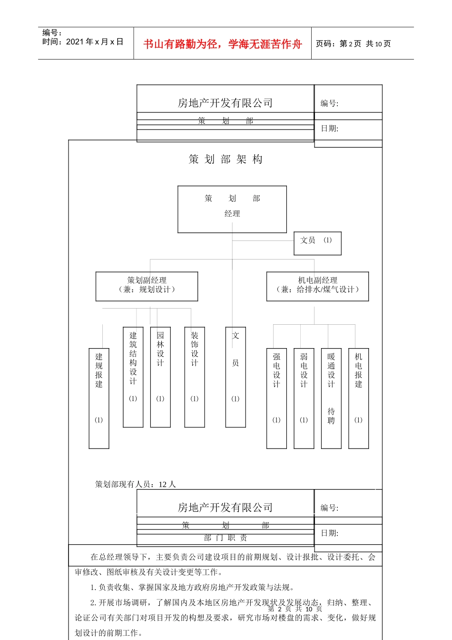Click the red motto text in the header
[x=223, y=44]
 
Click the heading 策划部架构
[x=226, y=159]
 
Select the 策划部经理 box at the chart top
[x=232, y=209]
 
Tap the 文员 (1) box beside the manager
[x=317, y=243]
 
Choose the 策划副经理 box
[x=147, y=286]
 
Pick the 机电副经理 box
[x=317, y=286]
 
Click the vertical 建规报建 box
[x=99, y=398]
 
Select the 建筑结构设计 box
[x=133, y=377]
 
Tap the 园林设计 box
[x=160, y=377]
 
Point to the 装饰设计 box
[x=195, y=377]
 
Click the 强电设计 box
[x=276, y=398]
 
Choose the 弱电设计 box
[x=304, y=398]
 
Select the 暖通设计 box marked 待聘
[x=331, y=398]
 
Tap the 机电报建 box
[x=359, y=398]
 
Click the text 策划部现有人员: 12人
[x=136, y=484]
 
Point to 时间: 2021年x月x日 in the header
[x=83, y=42]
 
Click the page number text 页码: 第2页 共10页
[x=353, y=44]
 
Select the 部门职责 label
[x=226, y=538]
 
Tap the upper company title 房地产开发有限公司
[x=226, y=103]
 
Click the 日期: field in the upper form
[x=329, y=129]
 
